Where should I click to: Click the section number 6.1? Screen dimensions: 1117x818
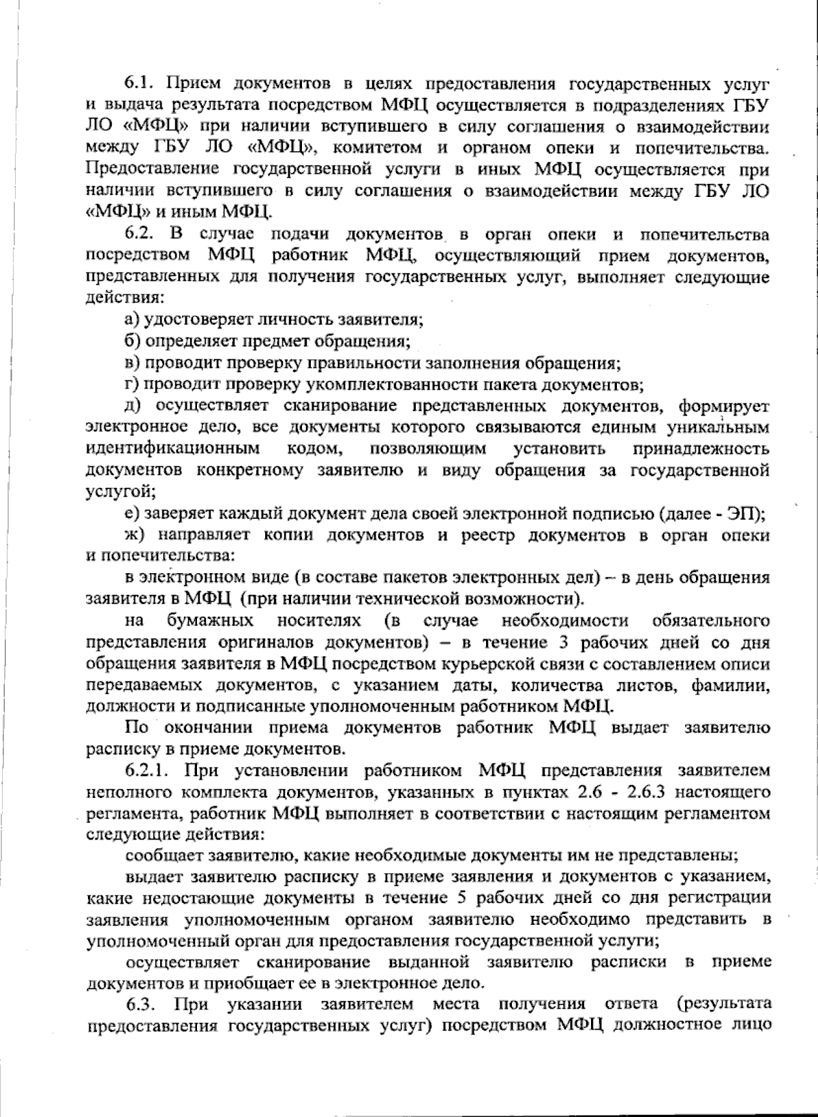click(141, 85)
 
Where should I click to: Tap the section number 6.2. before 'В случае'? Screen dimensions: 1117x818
click(141, 235)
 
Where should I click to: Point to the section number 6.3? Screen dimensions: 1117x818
click(142, 1005)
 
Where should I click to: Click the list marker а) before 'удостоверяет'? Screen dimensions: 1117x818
click(132, 320)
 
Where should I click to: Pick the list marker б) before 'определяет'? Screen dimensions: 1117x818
click(132, 341)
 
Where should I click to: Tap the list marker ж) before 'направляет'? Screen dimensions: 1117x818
click(134, 535)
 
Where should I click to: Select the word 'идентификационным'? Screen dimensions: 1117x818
click(173, 449)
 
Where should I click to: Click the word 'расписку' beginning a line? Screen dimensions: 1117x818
click(114, 749)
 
